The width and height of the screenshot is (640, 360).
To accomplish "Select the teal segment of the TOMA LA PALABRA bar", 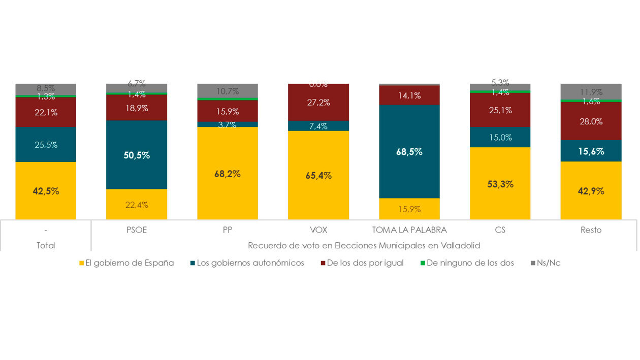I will (x=409, y=151).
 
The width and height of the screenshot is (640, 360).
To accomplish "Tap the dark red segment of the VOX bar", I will (x=318, y=103).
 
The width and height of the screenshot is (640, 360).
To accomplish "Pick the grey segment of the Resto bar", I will (x=591, y=91).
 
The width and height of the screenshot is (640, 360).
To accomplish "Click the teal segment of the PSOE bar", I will (x=137, y=155).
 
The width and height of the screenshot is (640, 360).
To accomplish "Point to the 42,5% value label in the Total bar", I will (x=46, y=191).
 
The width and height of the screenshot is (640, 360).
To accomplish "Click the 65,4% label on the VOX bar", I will (x=318, y=176).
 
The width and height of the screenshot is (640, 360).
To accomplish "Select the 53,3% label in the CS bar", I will (x=500, y=184).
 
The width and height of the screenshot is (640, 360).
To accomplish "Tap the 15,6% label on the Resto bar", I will (x=591, y=151).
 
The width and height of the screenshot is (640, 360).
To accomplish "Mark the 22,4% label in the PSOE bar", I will (x=137, y=205).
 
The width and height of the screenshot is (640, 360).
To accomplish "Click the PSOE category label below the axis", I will (x=137, y=230).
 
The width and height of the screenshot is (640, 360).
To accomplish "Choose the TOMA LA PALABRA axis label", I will (x=409, y=230).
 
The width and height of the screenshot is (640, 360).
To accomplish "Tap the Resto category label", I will (x=591, y=230).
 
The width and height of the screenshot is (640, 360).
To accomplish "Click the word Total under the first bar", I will (x=46, y=245).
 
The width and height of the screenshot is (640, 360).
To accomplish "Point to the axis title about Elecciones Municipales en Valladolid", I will (x=364, y=245).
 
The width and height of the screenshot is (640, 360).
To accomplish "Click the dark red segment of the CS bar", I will (x=500, y=110).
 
